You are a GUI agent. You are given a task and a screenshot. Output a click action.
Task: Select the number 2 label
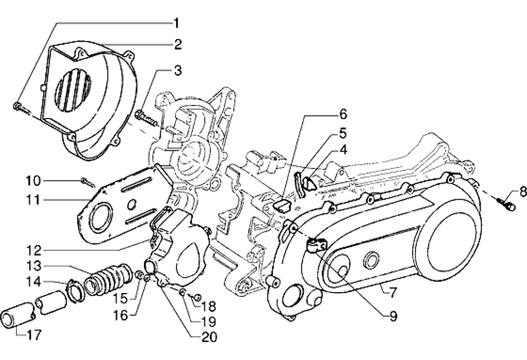coord(178,44)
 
